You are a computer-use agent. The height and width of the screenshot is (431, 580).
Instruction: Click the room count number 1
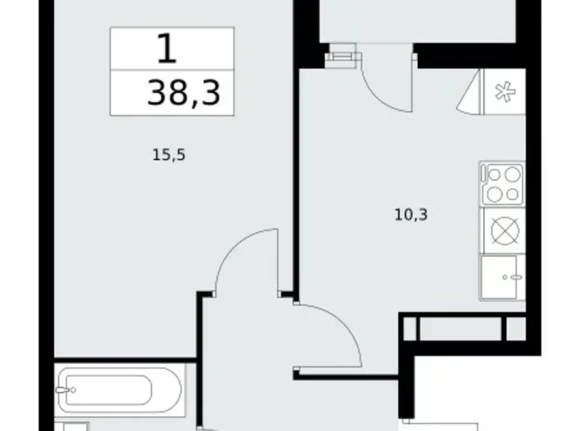pos(168,48)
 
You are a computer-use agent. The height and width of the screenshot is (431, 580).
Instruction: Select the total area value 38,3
pos(184,93)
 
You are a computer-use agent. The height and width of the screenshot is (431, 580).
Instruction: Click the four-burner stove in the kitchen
pos(503,184)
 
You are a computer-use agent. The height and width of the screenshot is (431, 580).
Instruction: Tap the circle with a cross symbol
pos(503,232)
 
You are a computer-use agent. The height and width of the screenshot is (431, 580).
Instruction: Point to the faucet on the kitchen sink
pos(512,278)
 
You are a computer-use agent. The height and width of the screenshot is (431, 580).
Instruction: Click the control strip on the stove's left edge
pos(483,184)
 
